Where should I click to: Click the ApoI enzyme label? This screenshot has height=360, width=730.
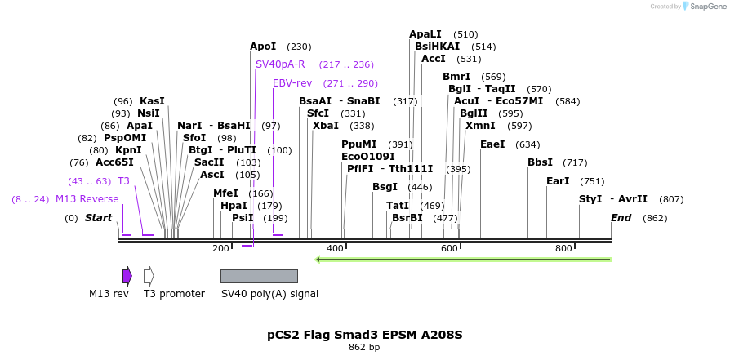[x=263, y=47]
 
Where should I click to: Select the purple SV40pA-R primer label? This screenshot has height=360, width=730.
[x=280, y=64]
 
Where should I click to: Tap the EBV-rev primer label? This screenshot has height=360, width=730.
[x=292, y=83]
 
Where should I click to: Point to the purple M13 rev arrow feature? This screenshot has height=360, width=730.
[x=127, y=276]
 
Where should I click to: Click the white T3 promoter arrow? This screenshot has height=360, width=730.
[x=149, y=276]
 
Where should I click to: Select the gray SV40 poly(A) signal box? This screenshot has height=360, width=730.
[x=259, y=276]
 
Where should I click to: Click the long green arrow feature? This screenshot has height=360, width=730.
[x=463, y=260]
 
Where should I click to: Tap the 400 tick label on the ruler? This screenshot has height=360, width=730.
[x=335, y=248]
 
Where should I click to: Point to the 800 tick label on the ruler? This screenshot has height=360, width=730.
[x=563, y=248]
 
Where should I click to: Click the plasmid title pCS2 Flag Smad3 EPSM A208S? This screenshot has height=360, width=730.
[x=365, y=335]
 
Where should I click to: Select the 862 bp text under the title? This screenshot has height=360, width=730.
[x=364, y=348]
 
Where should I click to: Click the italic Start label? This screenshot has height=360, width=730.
[x=98, y=218]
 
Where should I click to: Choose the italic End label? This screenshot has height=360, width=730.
[x=621, y=218]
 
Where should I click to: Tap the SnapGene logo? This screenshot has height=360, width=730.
[x=702, y=7]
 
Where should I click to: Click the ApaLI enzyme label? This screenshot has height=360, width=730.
[x=425, y=34]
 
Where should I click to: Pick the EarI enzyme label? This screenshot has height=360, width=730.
[x=558, y=181]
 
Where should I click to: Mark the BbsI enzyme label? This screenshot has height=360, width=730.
[x=540, y=162]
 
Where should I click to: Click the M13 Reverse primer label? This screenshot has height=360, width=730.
[x=87, y=199]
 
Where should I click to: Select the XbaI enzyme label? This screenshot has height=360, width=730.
[x=325, y=126]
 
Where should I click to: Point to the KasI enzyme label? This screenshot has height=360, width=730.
[x=152, y=101]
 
